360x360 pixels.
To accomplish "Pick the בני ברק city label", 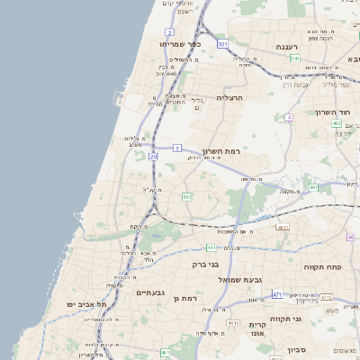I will point(206,265).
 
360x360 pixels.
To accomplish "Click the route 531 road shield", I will point(221,43).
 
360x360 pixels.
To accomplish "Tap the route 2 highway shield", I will point(170,32).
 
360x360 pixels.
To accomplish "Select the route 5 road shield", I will point(177,148).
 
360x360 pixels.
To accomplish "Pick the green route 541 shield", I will point(294,58).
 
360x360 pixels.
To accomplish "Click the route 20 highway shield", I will point(154,157).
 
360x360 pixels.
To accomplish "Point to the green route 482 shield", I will point(187,196).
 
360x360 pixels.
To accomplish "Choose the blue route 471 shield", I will point(277,294).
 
